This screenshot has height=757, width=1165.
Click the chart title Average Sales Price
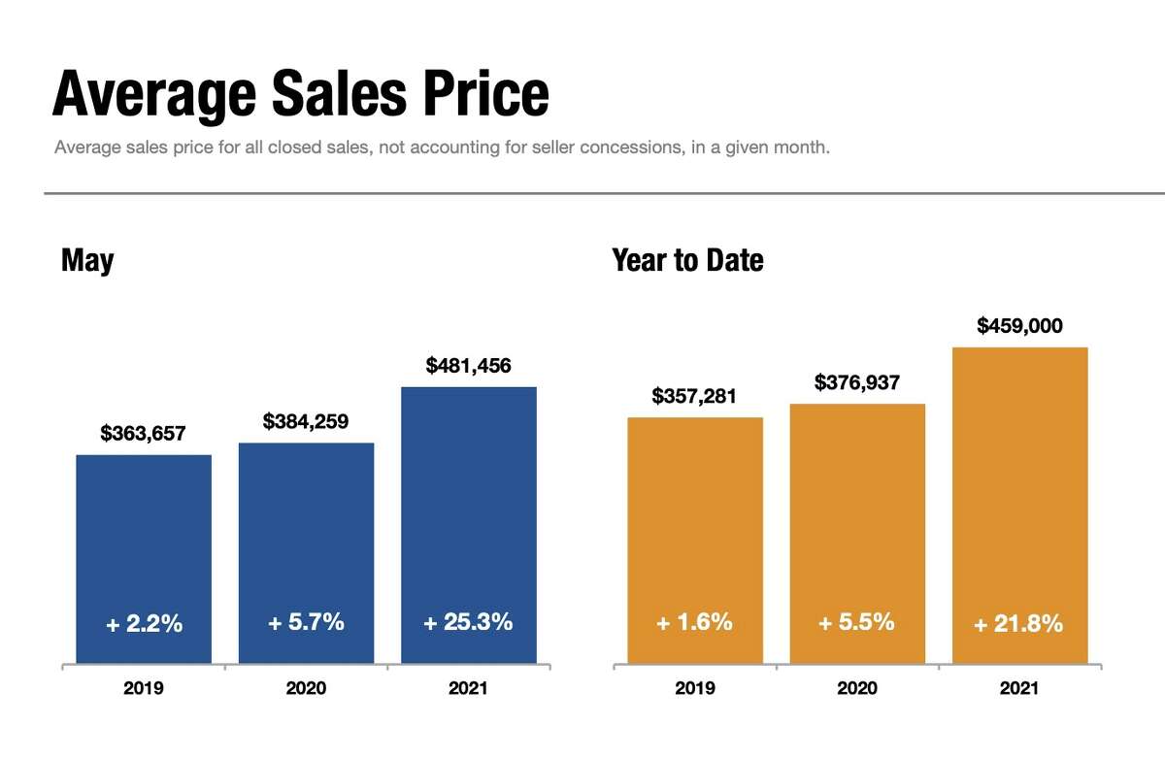pos(300,95)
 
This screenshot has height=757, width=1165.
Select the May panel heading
pos(87,260)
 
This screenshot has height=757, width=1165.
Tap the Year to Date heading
pos(687,260)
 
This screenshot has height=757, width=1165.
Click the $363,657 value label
pos(144,434)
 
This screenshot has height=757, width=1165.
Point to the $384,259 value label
pos(306,422)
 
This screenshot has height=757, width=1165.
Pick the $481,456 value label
pos(468,366)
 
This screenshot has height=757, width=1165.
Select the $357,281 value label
pos(694,396)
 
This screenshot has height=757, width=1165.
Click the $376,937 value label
pos(857,382)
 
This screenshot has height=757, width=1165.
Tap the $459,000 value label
pos(1019,326)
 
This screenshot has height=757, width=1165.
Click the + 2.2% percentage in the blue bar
pos(144,624)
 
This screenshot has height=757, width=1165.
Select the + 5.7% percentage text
pos(306,622)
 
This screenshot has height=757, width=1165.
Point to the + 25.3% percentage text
pos(468,622)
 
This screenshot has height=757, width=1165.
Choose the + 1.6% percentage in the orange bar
pos(694,622)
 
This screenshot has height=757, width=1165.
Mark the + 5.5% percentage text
pos(857,622)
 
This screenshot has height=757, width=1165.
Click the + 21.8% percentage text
pos(1019,624)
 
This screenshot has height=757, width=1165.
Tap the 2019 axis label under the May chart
pos(144,689)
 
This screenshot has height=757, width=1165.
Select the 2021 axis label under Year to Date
pos(1019,689)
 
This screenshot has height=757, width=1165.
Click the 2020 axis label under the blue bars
pos(306,689)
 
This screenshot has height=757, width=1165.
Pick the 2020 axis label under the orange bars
pos(857,689)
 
